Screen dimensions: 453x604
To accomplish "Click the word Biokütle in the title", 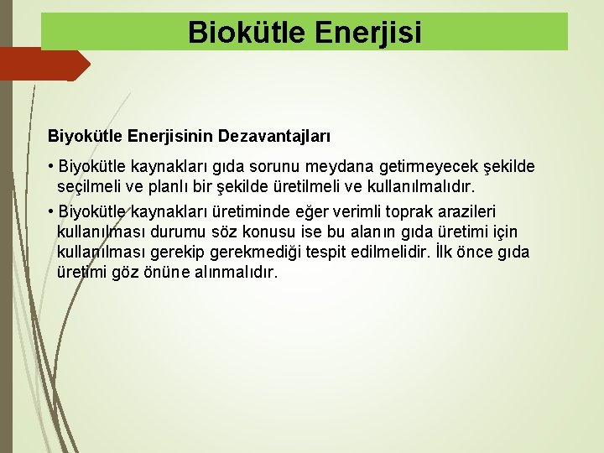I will [x=237, y=32].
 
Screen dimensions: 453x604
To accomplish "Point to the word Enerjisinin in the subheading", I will [x=173, y=135].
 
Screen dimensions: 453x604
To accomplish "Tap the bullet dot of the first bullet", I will [x=52, y=167].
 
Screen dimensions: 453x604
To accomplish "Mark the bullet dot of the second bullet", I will [x=52, y=211].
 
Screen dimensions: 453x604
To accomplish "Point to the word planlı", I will [x=167, y=186].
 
